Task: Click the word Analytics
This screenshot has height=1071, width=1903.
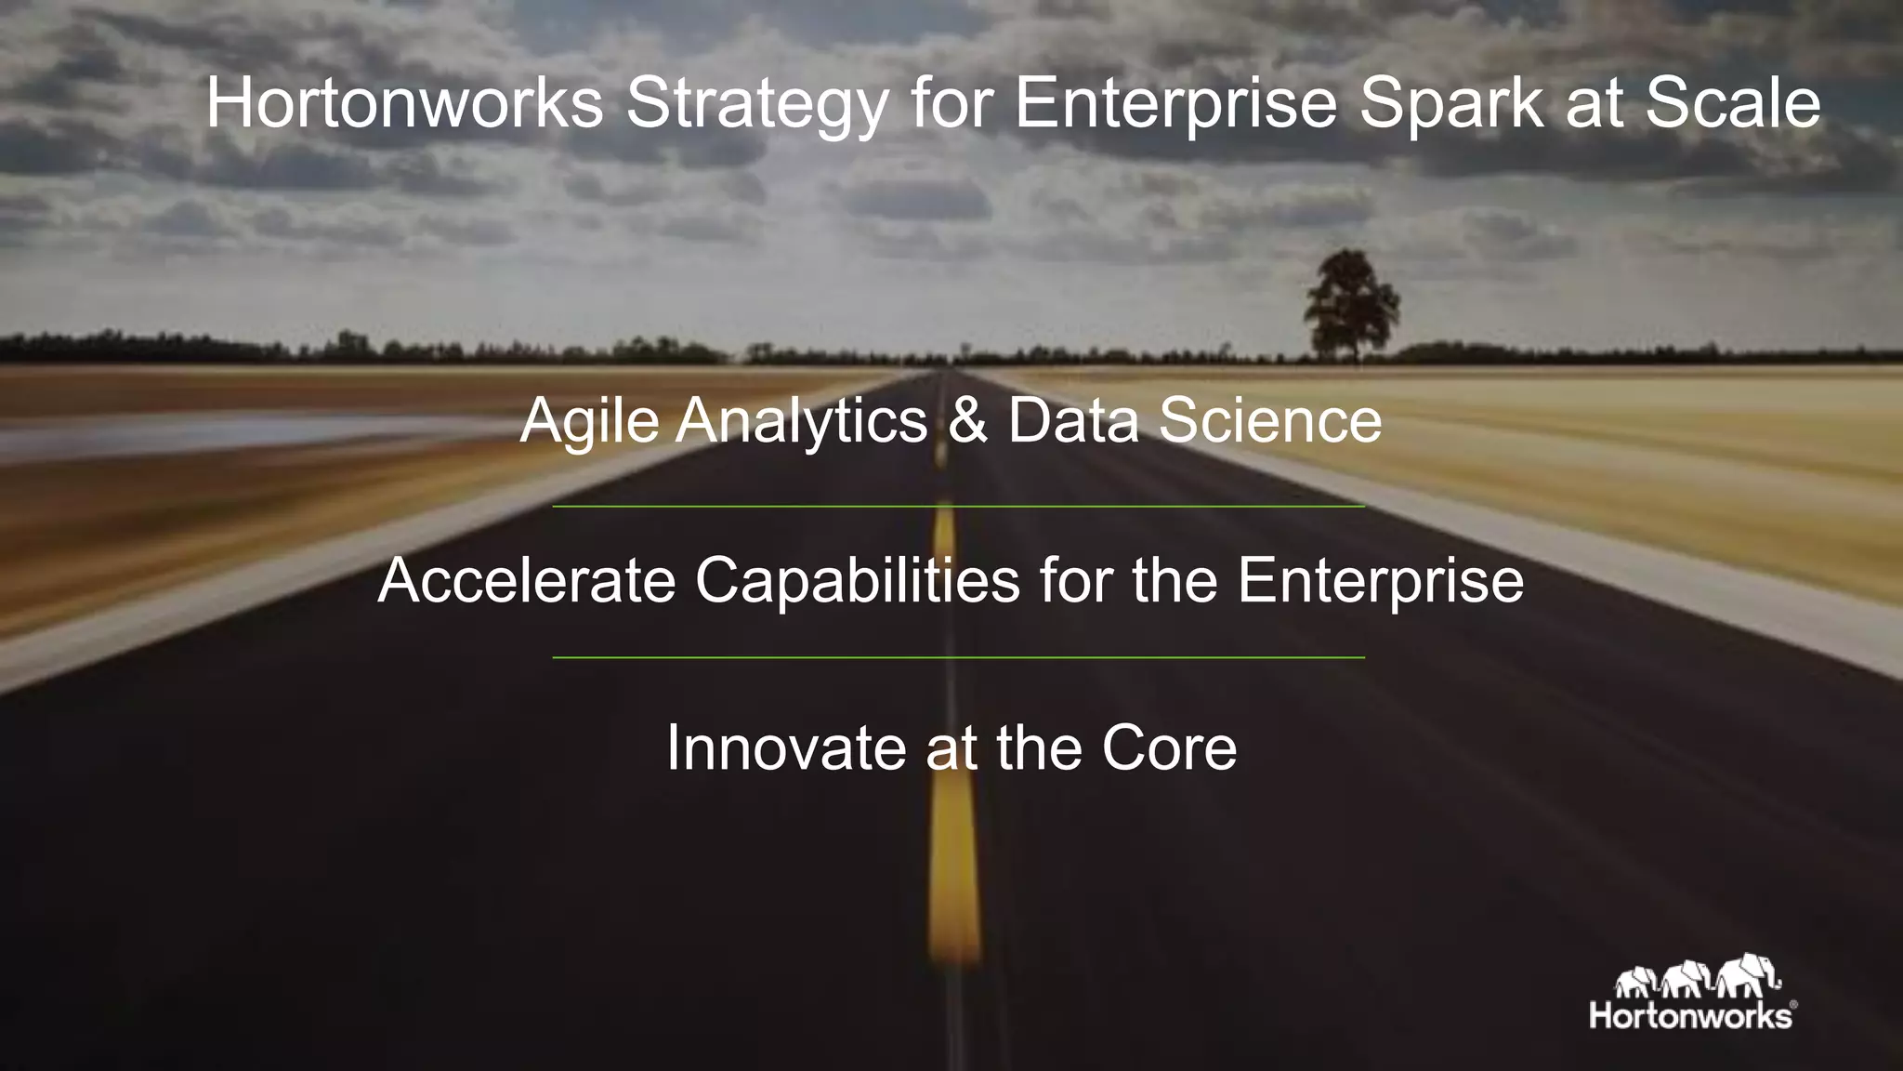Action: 802,421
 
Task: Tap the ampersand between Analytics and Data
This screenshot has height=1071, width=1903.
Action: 967,421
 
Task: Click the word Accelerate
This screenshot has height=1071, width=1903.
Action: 527,579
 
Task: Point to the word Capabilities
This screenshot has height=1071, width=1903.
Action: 858,581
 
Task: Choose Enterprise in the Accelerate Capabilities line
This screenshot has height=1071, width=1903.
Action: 1380,581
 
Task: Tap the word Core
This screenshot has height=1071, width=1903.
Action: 1169,747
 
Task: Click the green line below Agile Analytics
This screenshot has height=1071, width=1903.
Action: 958,507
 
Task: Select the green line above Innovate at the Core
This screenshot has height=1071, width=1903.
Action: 958,657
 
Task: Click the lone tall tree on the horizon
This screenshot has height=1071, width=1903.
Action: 1349,302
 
